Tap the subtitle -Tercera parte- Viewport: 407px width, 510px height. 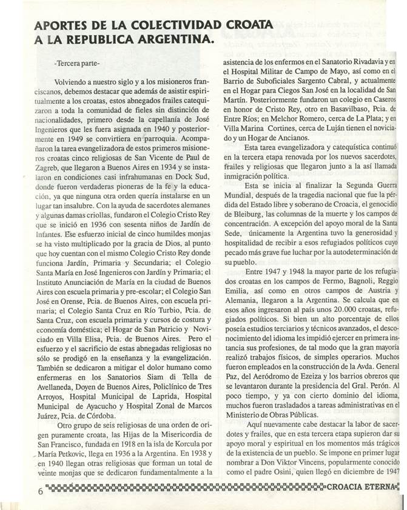76,63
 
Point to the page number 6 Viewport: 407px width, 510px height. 40,492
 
